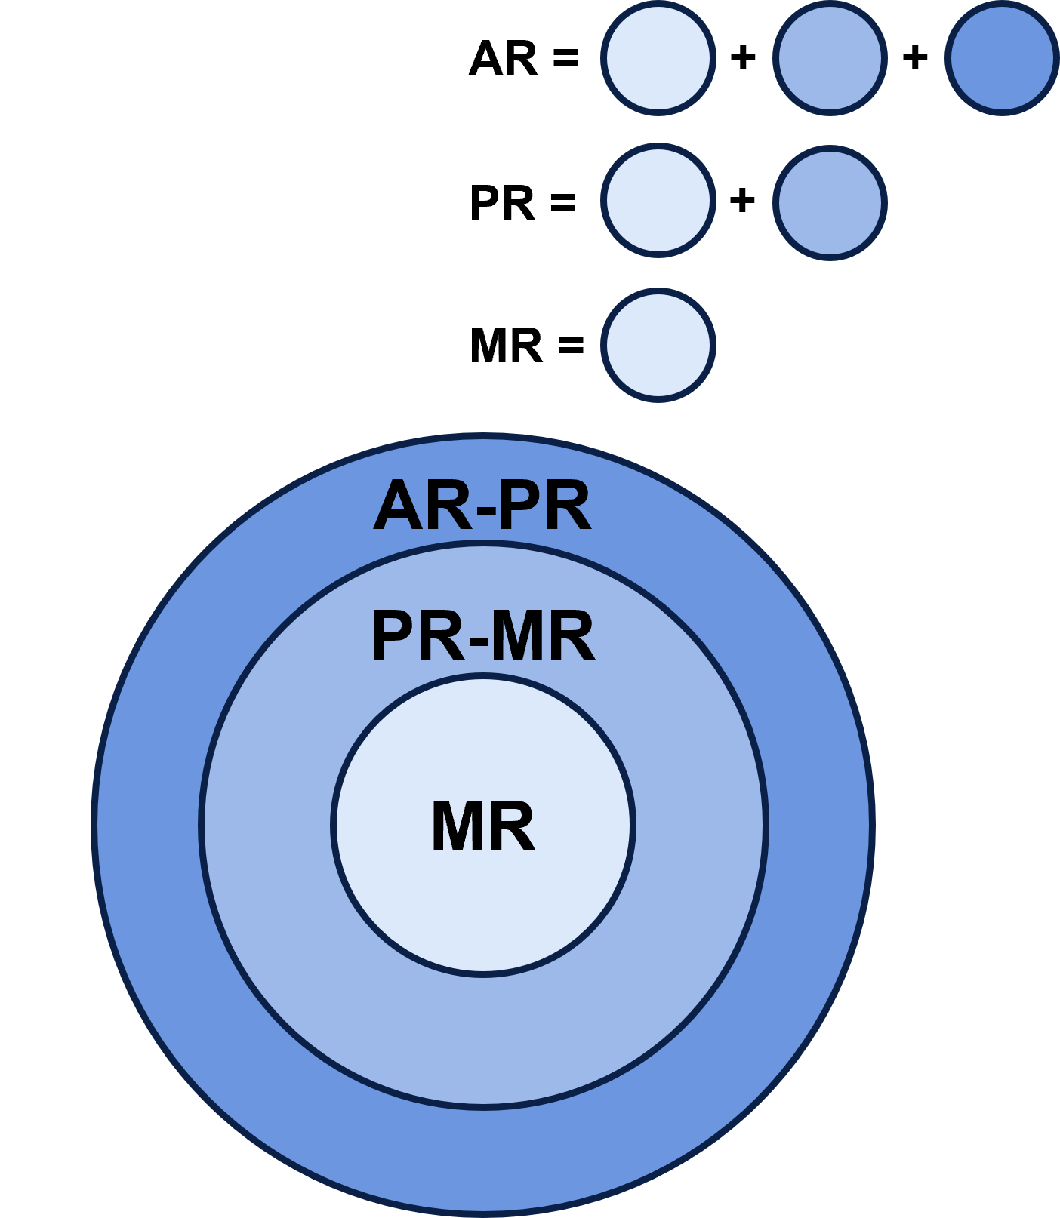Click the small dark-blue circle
1001,58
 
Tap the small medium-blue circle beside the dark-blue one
830,58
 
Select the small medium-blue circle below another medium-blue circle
830,202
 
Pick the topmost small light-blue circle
658,58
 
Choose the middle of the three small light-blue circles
658,201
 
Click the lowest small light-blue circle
658,345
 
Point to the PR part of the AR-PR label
545,507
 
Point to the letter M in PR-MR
519,638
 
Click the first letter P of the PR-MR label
393,638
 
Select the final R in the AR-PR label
569,507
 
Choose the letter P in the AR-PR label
521,507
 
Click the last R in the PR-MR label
572,638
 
